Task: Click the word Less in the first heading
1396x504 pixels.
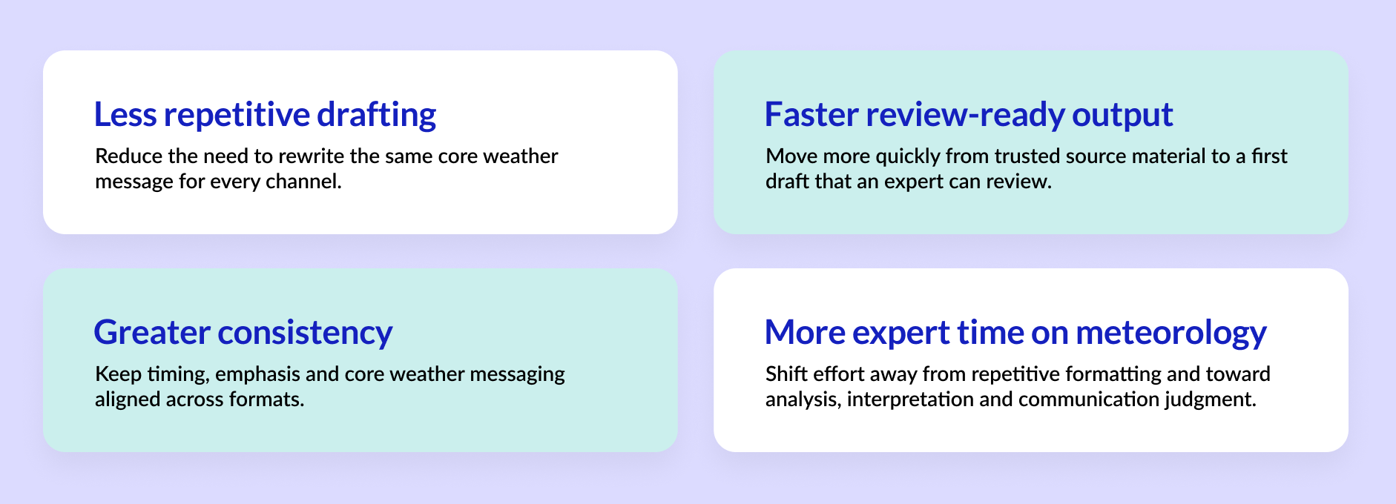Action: (125, 115)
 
